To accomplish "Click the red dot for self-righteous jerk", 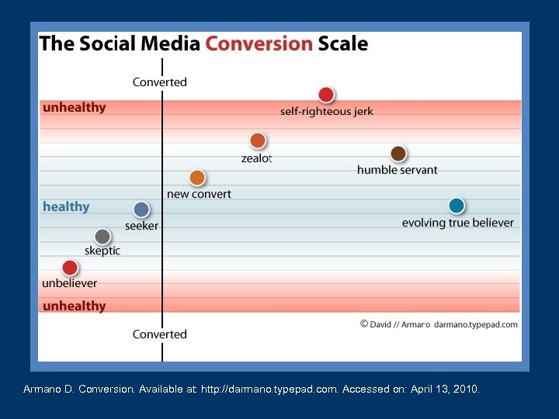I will coord(326,95).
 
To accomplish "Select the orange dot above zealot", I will coord(258,140).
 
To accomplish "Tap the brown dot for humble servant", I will coord(398,154).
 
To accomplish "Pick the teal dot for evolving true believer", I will coord(457,206).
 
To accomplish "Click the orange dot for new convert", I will coord(197,178).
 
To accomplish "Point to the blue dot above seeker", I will coord(141,209).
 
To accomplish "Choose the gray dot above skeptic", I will coord(102,236).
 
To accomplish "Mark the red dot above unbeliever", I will coord(70,268).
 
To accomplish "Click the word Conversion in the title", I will coord(259,43).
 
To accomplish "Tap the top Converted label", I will coord(160,82).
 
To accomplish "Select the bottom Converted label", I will coord(160,334).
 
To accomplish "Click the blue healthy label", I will coord(66,206).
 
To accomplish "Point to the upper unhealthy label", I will coord(75,108).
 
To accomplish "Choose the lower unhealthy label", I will coord(75,306).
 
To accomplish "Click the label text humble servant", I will coord(398,170).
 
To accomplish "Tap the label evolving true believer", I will coord(457,223).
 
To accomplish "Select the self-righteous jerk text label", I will coord(327,112).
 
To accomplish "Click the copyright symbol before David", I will coord(364,324).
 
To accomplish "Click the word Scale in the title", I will coord(343,43).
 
